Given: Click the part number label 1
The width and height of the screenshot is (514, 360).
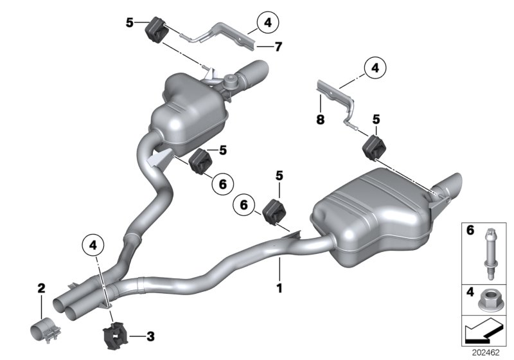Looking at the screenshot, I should point(279,289).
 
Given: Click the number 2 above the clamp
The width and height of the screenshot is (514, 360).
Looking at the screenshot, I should point(41,289).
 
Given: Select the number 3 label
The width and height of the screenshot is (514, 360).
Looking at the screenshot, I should point(150,335).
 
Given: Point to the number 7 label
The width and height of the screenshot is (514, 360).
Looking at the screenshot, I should point(261,46).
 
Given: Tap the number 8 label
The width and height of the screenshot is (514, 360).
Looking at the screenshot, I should point(319,119).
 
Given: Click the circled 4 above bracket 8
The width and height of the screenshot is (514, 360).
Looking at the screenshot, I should point(373,66).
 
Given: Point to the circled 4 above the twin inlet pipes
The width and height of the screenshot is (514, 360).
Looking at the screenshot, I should point(93,244).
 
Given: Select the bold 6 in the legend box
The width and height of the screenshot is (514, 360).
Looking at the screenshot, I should point(469,229).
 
